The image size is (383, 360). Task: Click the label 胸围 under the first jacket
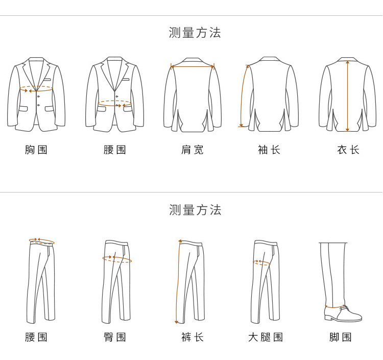tap(36, 150)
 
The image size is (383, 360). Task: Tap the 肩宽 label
tap(193, 150)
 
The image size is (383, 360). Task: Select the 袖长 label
tap(269, 150)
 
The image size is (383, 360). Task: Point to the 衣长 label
tap(348, 150)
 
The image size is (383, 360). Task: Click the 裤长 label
tap(193, 337)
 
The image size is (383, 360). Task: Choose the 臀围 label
tap(115, 337)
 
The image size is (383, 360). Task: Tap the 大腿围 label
tap(266, 337)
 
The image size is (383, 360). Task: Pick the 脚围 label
tap(341, 337)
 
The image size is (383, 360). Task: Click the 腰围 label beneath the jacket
tap(115, 150)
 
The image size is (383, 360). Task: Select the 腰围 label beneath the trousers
tap(36, 337)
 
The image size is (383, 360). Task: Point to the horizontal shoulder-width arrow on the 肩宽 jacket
tap(193, 66)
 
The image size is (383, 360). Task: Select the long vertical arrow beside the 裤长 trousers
tap(178, 281)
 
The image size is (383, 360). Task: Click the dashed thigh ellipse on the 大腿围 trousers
tap(262, 262)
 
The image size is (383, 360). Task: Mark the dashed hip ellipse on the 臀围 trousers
tap(117, 259)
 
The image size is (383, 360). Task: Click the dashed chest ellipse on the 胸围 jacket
tap(36, 89)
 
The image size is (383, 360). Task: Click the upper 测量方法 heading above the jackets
tap(195, 33)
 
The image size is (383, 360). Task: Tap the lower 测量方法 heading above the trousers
tap(195, 210)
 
